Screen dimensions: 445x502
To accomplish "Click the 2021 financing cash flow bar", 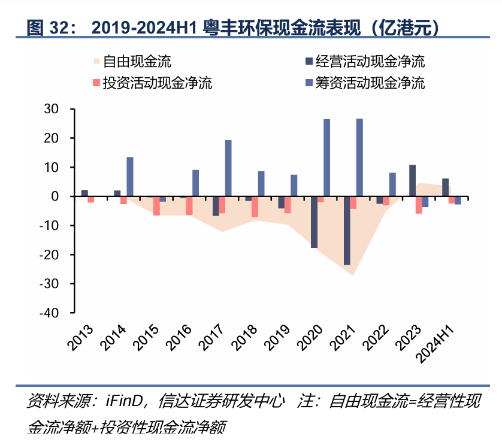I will [359, 158].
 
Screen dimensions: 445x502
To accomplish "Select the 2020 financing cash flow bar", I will [326, 158].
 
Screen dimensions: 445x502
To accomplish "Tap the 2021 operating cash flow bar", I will [346, 231].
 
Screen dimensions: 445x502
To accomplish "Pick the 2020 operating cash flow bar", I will [314, 222].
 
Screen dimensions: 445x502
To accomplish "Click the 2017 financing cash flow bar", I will [228, 168].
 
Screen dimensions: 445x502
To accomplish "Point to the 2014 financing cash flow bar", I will [130, 177].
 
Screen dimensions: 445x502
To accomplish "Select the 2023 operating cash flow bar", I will [412, 180].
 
